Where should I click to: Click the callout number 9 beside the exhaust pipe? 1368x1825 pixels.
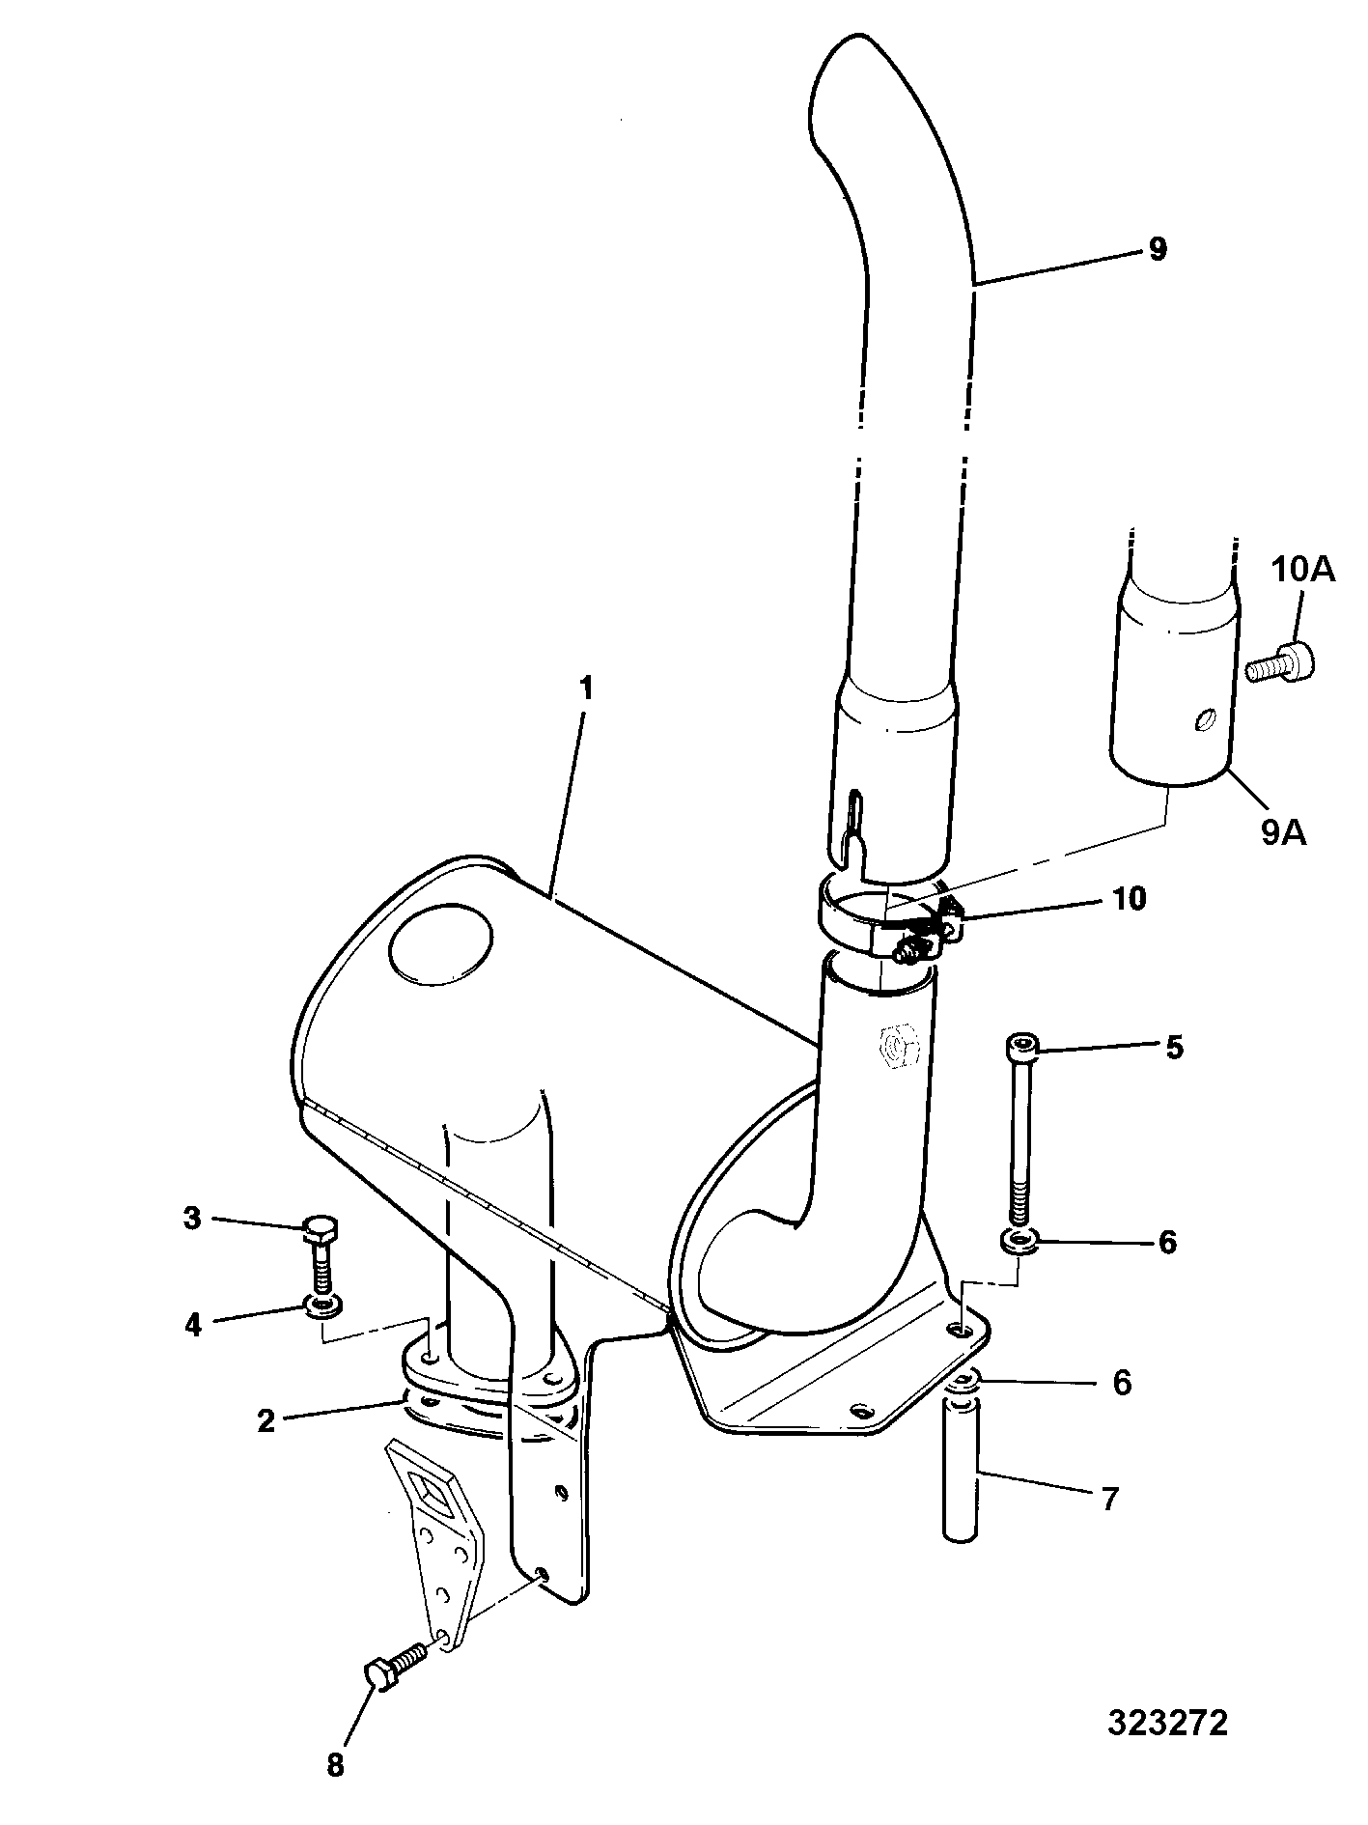point(1157,249)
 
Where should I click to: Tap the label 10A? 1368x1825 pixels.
point(1302,571)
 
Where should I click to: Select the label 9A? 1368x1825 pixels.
point(1283,831)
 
